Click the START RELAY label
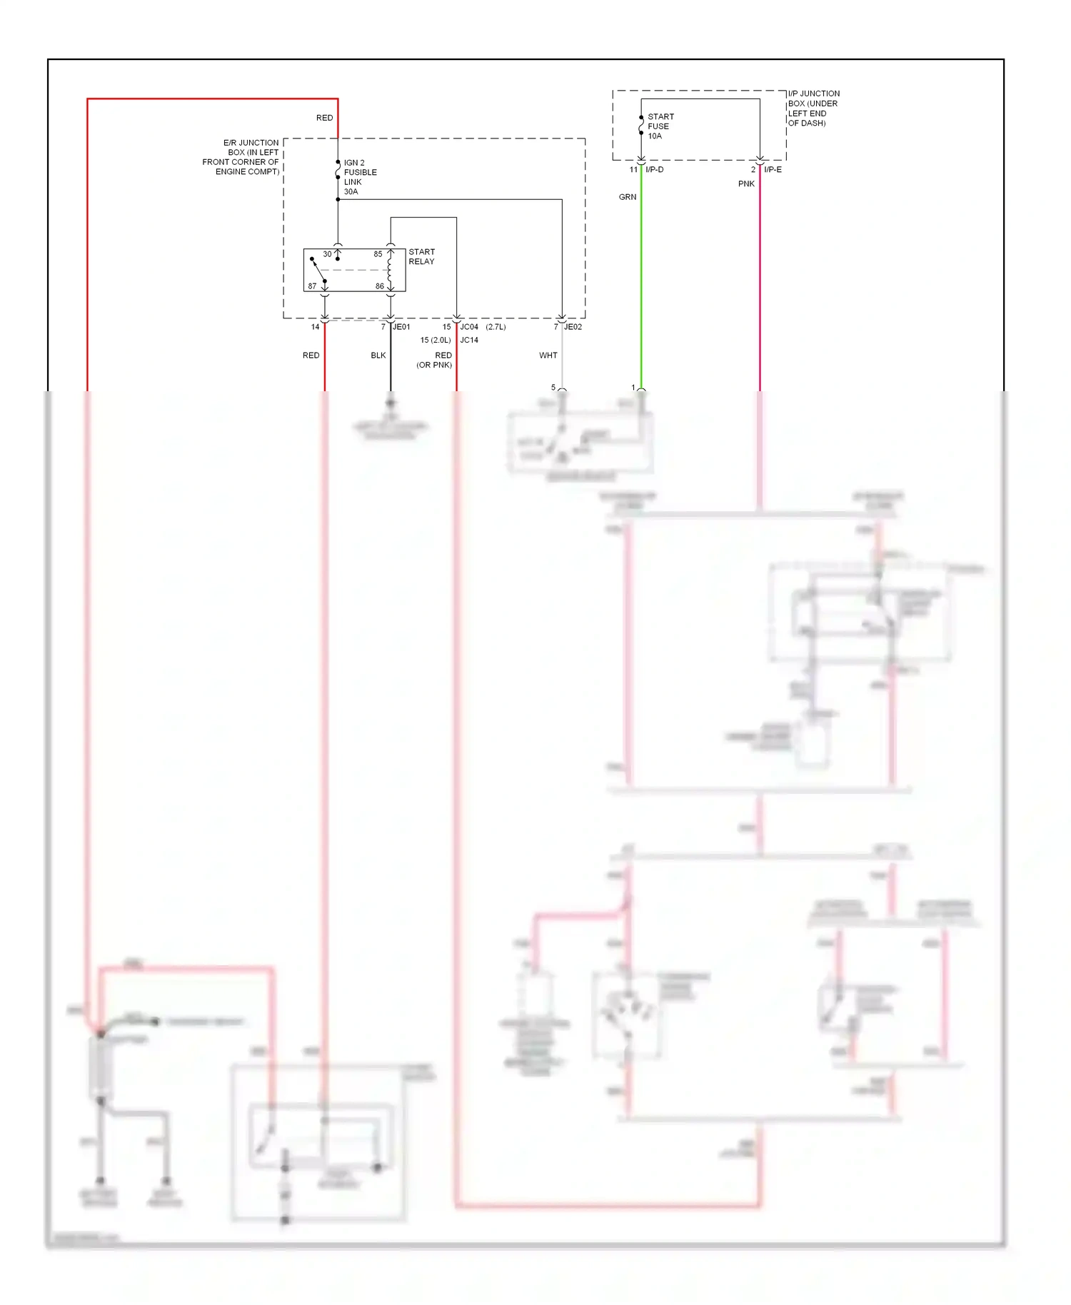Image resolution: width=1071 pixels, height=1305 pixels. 421,257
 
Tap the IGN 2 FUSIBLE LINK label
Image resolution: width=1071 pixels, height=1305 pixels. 360,177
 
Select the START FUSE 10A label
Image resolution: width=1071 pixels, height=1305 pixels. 660,126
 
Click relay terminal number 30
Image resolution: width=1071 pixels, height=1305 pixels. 327,254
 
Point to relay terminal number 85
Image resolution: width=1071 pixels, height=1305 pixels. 378,254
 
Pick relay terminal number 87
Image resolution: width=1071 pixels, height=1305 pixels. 312,286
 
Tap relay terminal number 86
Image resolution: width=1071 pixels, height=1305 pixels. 380,286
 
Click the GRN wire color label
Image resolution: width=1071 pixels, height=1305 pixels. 628,197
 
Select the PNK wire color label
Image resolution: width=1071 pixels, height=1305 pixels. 746,184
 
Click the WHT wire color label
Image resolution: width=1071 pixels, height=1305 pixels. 548,356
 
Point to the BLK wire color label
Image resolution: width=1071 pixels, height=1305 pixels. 378,356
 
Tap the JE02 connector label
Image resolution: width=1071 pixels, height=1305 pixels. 573,327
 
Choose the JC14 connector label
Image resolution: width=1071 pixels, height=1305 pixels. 469,341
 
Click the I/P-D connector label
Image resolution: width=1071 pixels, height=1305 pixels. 654,170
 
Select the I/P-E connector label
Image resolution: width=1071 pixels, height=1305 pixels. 773,170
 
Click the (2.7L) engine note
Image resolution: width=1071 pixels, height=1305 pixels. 496,327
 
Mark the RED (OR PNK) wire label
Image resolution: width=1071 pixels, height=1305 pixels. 436,360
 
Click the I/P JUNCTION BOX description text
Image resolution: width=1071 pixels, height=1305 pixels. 813,109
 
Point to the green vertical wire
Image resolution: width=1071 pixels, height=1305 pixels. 641,286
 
